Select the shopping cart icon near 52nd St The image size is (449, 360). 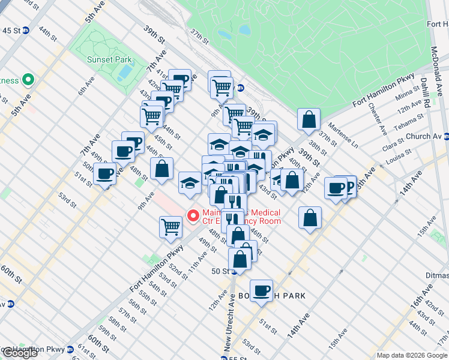coord(171,226)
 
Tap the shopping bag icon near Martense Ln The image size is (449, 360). coord(309,119)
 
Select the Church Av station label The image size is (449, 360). coord(427,136)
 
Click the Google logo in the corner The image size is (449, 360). coord(20,353)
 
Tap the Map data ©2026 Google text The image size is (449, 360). coord(411,355)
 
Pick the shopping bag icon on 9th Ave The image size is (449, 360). coord(162,168)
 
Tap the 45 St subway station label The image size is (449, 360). coord(11,31)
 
